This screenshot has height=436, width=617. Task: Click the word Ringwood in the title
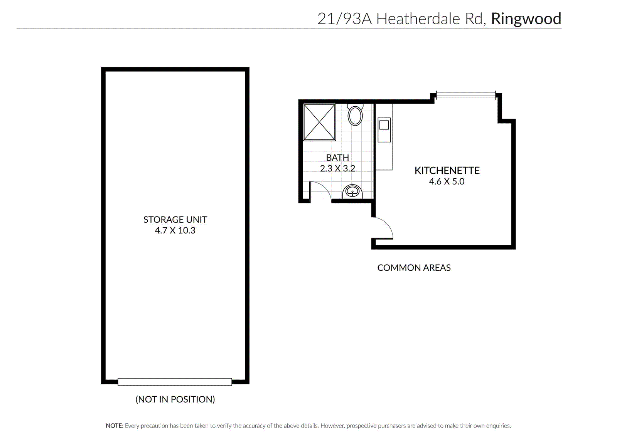[x=526, y=19]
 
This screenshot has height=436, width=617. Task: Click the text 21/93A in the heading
[x=344, y=19]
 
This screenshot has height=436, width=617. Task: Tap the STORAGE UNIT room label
[x=175, y=220]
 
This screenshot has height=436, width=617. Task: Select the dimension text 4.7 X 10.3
[x=175, y=230]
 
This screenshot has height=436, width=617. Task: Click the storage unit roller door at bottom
[x=175, y=382]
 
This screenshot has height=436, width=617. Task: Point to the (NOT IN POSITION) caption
[x=175, y=399]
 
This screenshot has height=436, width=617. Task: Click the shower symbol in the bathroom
[x=319, y=122]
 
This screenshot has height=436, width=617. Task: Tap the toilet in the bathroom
[x=355, y=115]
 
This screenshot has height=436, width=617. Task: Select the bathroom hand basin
[x=352, y=191]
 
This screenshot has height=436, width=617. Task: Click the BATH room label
[x=337, y=158]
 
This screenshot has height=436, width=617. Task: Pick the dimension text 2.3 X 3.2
[x=337, y=168]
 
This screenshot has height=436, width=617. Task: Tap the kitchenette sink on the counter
[x=384, y=125]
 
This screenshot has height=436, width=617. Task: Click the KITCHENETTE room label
[x=447, y=171]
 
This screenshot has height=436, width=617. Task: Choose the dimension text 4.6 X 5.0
[x=447, y=181]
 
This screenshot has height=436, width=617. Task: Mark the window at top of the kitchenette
[x=465, y=95]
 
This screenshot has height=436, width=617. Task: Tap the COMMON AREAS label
[x=414, y=268]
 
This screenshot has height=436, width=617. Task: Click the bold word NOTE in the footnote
[x=115, y=426]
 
